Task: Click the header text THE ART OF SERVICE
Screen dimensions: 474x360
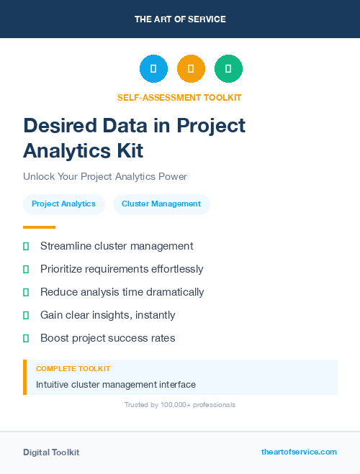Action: coord(180,19)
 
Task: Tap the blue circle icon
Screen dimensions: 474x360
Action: coord(153,69)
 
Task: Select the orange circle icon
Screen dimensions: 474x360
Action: coord(191,69)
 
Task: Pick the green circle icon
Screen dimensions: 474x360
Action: coord(228,69)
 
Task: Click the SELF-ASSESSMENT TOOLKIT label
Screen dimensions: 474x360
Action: coord(179,97)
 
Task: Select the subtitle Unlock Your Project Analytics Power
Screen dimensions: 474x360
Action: coord(105,176)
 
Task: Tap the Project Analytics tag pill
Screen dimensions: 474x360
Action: coord(63,204)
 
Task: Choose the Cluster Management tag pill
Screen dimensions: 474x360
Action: coord(161,204)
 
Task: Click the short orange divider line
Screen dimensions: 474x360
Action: coord(39,227)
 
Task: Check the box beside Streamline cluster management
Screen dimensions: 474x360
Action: coord(26,246)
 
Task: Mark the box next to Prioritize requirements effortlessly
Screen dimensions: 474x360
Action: coord(26,269)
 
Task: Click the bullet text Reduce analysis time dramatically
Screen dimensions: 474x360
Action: coord(122,292)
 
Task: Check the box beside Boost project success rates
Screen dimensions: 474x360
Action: coord(26,338)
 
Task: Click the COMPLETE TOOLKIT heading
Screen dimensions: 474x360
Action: coord(73,369)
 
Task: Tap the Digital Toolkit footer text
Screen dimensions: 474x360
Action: coord(51,452)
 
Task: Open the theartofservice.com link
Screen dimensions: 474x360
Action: coord(299,452)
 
